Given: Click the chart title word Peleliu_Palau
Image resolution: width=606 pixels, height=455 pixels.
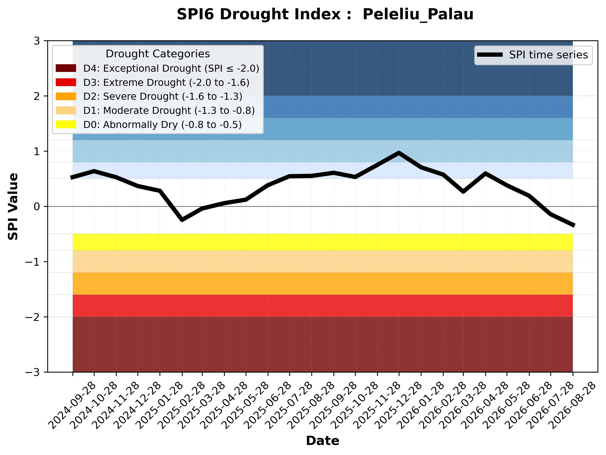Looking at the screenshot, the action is click(418, 15).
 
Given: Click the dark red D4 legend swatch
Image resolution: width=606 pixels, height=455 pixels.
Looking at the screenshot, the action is click(66, 68).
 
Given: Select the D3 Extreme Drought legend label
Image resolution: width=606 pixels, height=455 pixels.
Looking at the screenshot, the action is click(166, 82).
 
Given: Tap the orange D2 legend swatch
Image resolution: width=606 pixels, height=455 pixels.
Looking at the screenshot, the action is click(66, 96).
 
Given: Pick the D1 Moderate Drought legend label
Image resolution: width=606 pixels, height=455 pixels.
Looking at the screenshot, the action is click(169, 110).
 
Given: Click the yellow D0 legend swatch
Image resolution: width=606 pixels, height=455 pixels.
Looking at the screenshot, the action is click(66, 124).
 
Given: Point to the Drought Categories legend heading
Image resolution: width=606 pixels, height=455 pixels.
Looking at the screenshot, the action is click(158, 54).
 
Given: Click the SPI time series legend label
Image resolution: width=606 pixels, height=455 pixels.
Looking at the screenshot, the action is click(548, 55).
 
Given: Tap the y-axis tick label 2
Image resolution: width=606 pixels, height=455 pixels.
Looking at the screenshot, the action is click(37, 96).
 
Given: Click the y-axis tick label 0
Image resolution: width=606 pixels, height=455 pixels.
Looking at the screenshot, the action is click(37, 207).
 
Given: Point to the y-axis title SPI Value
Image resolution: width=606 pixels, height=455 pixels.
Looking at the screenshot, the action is click(13, 207).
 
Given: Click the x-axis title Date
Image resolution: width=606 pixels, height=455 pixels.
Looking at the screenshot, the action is click(323, 441).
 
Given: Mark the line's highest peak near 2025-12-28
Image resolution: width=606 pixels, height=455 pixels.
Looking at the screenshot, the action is click(399, 153).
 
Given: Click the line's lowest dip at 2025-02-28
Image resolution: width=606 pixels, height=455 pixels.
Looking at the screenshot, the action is click(182, 220).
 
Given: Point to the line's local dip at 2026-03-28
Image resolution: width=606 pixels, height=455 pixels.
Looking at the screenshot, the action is click(463, 191).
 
